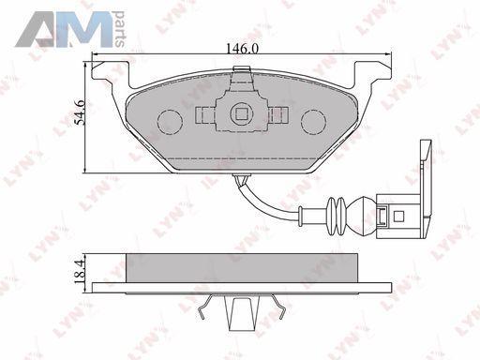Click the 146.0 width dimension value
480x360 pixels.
(x=242, y=49)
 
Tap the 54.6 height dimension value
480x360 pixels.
(x=80, y=112)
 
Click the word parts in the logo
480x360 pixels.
(x=119, y=29)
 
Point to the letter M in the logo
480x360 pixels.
(x=87, y=30)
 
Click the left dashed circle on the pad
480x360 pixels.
(x=170, y=122)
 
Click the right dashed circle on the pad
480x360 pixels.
(x=313, y=122)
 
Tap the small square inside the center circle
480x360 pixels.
(x=241, y=114)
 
